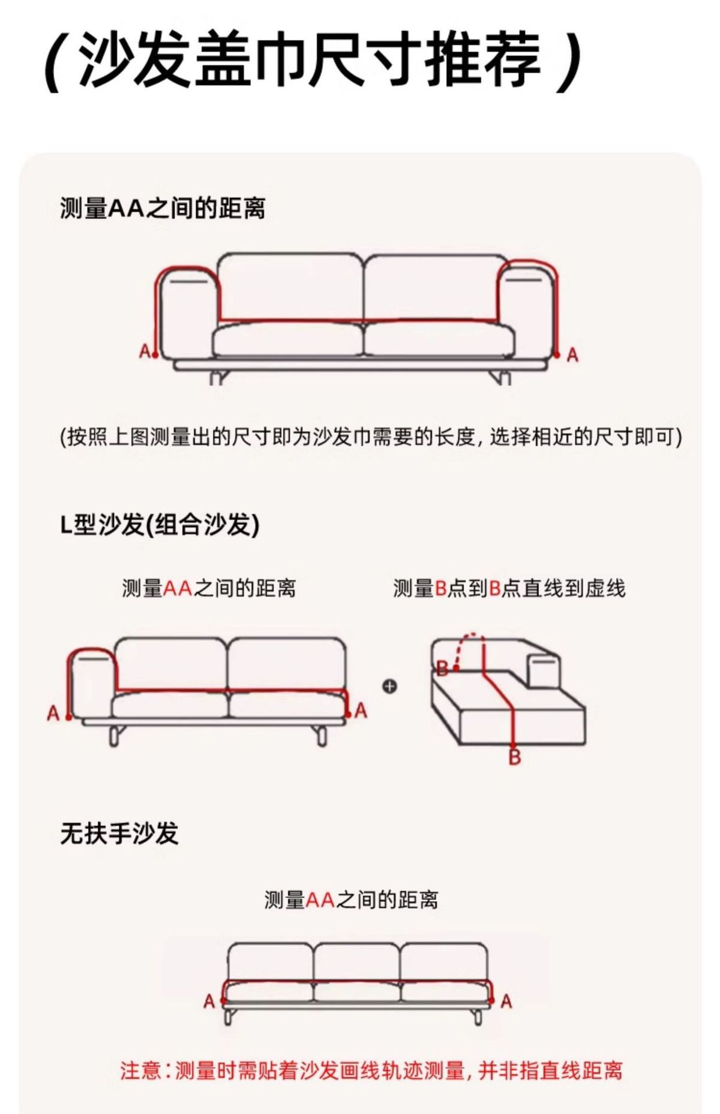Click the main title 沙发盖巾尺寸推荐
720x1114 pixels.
point(311,60)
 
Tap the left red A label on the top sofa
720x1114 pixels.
point(144,351)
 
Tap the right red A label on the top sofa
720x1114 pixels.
point(572,356)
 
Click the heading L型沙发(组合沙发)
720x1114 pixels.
point(160,525)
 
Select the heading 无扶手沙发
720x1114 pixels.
point(119,833)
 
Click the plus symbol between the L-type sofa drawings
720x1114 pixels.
point(389,686)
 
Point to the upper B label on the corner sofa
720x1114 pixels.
point(442,668)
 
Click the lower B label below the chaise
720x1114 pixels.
point(515,757)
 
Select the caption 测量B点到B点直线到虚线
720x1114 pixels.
point(509,588)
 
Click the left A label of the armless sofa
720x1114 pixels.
point(209,1001)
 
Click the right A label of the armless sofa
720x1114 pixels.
point(506,1001)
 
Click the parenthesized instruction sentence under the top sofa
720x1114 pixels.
point(371,437)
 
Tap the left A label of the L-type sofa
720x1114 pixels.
point(53,713)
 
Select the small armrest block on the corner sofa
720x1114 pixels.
point(544,669)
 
